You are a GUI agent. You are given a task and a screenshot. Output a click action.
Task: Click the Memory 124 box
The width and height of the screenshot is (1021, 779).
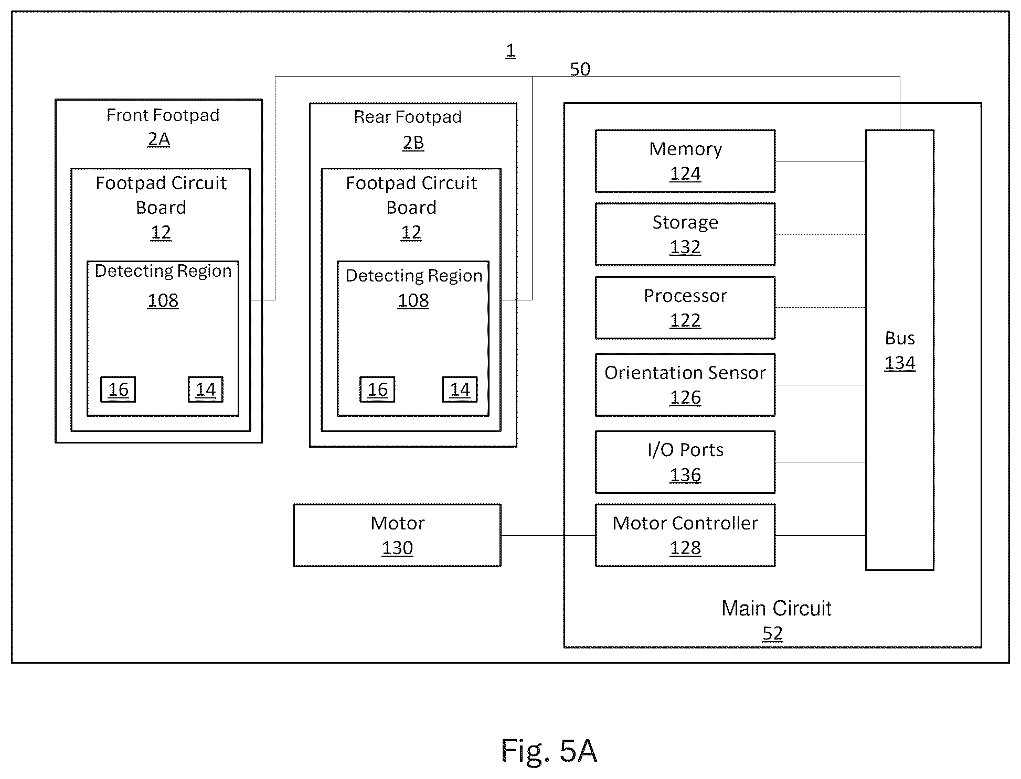(685, 161)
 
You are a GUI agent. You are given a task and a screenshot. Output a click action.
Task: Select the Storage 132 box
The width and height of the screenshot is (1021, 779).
(685, 234)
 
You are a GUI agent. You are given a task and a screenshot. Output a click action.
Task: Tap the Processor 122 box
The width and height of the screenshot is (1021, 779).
(685, 308)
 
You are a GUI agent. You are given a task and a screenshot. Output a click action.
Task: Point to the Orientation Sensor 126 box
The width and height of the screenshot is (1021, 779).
(685, 385)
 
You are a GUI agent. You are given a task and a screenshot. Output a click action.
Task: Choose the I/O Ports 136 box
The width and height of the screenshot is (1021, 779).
(685, 462)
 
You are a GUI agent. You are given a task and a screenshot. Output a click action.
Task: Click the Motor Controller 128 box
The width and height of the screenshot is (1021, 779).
(685, 535)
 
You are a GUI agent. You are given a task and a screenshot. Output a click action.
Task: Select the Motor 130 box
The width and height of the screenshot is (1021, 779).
(397, 535)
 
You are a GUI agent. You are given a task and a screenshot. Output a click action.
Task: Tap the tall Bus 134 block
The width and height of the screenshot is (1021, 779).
(899, 350)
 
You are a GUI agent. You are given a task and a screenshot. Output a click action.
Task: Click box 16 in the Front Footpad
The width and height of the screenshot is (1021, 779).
(118, 389)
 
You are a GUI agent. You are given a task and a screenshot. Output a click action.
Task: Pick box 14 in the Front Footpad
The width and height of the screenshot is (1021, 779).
(206, 389)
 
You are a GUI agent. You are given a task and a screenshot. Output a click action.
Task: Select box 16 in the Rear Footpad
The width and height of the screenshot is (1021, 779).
(377, 389)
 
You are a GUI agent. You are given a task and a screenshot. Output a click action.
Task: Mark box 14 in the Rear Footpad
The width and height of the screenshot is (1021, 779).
(460, 389)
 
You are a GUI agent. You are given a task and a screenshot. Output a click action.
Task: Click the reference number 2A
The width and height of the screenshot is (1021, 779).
(159, 140)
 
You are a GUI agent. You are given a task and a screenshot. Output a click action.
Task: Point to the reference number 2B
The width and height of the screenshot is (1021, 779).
(413, 143)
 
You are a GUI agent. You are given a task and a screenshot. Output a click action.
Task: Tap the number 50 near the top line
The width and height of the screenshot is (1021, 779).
(580, 69)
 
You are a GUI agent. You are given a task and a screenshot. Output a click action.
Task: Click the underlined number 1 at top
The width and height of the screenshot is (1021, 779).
(511, 51)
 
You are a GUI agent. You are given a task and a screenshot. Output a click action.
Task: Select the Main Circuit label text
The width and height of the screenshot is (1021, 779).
(776, 609)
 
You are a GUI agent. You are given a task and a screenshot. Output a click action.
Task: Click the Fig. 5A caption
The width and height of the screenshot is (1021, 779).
(549, 751)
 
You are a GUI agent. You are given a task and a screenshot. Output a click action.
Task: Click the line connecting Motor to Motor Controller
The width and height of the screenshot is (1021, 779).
(548, 535)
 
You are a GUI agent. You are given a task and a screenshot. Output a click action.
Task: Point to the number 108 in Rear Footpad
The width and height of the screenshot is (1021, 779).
(413, 300)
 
